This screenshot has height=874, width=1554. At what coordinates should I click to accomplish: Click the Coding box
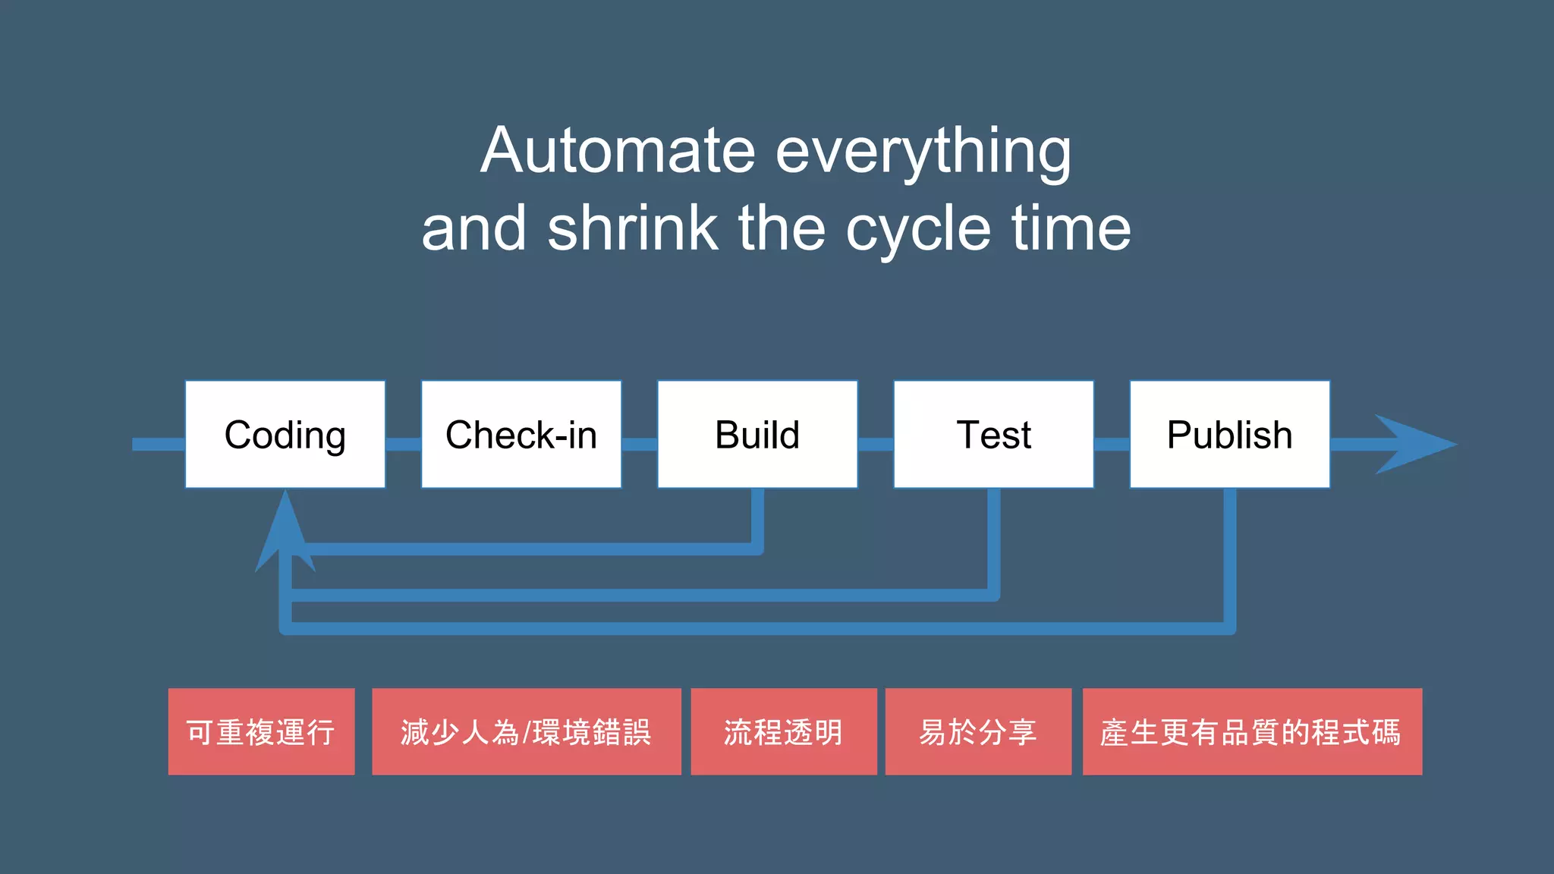(x=285, y=434)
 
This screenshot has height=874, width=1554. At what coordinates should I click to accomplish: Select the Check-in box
(x=521, y=434)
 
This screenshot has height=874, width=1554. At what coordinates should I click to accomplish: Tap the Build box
(x=757, y=434)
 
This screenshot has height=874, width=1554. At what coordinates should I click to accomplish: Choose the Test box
(x=993, y=434)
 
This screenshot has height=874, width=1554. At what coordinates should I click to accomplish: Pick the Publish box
(x=1229, y=434)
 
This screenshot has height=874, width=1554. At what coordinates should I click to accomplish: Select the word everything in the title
(x=923, y=152)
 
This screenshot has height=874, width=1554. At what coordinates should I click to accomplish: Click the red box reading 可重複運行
(x=261, y=731)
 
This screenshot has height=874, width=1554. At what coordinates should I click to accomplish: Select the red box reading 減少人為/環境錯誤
(x=526, y=731)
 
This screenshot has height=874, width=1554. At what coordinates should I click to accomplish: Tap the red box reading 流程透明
(x=783, y=731)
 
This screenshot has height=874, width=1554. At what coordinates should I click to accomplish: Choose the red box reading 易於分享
(x=978, y=731)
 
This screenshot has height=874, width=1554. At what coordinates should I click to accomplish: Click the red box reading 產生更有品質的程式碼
(x=1251, y=731)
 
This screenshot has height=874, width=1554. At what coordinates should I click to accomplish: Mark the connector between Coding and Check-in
(x=403, y=445)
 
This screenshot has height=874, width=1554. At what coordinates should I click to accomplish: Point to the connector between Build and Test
(x=876, y=445)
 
